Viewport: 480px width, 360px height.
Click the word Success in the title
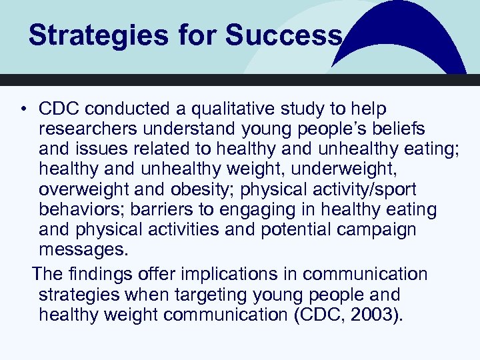pyautogui.click(x=283, y=35)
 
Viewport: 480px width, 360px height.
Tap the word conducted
pyautogui.click(x=118, y=109)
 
